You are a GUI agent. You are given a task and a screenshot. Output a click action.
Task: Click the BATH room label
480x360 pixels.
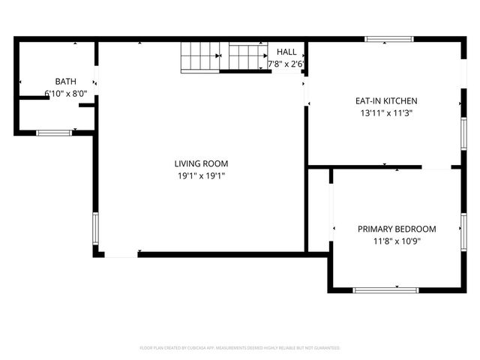(x=66, y=81)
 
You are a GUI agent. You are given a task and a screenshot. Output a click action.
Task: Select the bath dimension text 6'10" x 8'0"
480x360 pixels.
(x=66, y=94)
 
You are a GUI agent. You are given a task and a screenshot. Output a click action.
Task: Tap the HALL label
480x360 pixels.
(x=286, y=52)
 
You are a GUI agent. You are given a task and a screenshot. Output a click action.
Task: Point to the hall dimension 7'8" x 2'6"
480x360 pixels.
(x=286, y=64)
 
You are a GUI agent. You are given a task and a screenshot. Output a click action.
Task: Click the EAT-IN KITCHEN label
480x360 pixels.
(x=386, y=100)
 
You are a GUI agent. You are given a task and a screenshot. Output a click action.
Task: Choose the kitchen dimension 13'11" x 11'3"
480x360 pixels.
(x=386, y=113)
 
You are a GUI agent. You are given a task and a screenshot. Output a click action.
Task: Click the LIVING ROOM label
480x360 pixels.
(x=201, y=163)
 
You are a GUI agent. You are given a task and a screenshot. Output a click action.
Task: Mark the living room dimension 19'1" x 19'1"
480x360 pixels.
(x=201, y=176)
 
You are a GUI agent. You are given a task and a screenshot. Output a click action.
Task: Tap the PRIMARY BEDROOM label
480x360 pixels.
(x=397, y=229)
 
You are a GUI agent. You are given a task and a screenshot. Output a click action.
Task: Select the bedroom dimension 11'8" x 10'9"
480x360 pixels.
(x=397, y=241)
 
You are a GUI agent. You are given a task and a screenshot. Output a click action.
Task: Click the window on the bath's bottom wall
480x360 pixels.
(x=54, y=133)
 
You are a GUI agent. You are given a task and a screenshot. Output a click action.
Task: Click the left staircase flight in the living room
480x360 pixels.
(x=199, y=57)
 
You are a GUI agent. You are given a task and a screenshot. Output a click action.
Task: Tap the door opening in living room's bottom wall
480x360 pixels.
(x=121, y=255)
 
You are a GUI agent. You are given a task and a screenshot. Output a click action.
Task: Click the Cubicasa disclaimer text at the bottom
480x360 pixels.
(x=240, y=348)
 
